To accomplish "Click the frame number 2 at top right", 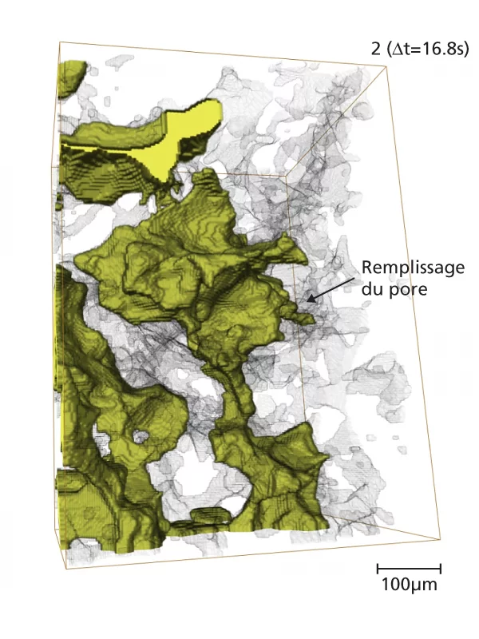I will click(376, 50).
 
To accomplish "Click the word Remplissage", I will click(412, 268).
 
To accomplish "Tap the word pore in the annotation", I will click(412, 288).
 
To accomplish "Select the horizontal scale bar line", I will click(408, 568).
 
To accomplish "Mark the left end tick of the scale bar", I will click(377, 568).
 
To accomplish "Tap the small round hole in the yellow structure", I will click(141, 437).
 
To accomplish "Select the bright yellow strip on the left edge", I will click(56, 335).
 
